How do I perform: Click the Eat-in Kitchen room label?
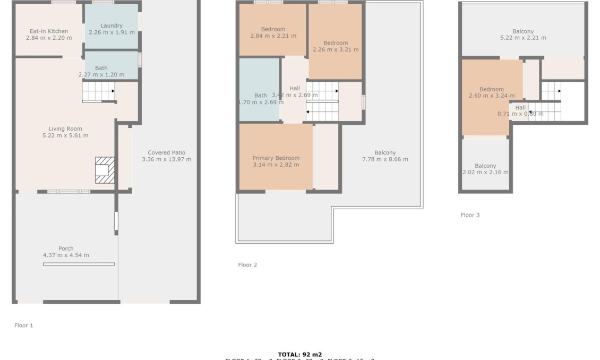point(49,31)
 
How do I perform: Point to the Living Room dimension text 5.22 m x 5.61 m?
point(65,135)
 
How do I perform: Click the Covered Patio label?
point(167,152)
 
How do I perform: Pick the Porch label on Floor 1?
point(66,248)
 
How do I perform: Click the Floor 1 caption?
point(24,325)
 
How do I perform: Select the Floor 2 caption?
point(247,265)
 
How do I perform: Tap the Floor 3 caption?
point(470,215)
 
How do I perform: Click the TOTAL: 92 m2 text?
point(299,354)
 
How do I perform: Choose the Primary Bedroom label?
point(276,158)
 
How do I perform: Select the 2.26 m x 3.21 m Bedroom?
point(336,47)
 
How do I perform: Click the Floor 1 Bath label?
point(101,68)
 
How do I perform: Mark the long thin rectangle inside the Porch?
point(79,264)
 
